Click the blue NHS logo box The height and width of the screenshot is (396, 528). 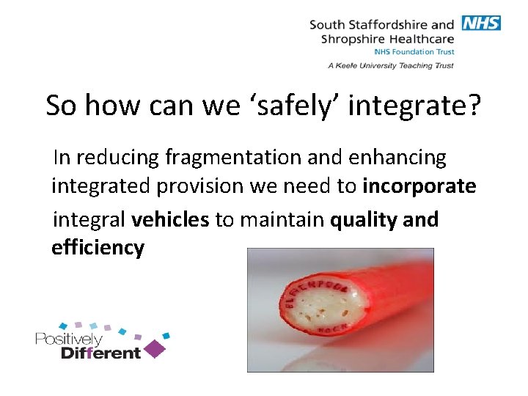(x=481, y=23)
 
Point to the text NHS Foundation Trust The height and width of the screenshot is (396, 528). (x=414, y=52)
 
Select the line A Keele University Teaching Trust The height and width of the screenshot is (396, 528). (x=391, y=65)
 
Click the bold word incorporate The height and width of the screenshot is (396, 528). (x=419, y=186)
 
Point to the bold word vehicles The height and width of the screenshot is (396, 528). (x=170, y=219)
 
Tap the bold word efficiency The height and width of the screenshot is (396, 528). (x=98, y=248)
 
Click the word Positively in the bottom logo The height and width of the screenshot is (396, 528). (x=68, y=339)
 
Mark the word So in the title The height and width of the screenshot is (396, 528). (x=62, y=106)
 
